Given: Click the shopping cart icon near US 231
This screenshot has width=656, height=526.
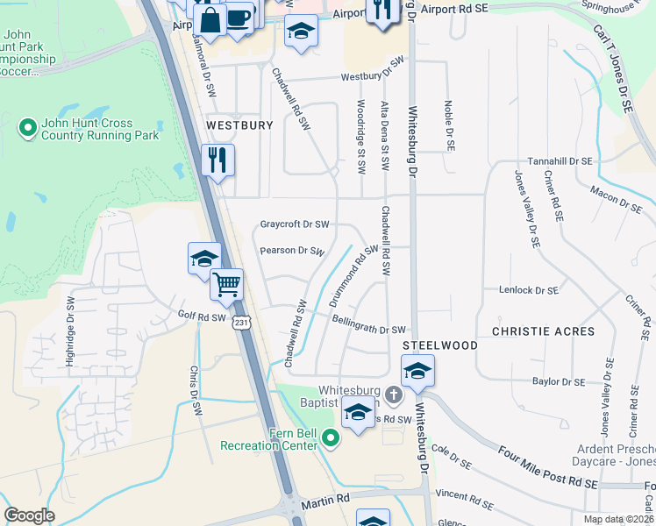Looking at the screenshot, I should (227, 284).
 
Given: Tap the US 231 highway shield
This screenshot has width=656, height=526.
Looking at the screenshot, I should (241, 323).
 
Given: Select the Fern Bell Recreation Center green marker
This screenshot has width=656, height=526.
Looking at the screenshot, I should (331, 437).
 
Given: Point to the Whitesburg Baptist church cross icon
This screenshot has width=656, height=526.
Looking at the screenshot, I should (394, 395).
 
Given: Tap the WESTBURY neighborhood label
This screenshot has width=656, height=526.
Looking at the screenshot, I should (239, 125).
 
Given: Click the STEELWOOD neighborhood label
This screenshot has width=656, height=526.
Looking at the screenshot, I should (440, 345).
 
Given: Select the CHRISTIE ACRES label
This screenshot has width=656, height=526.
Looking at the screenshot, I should (543, 331).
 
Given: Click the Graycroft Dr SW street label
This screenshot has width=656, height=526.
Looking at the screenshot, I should (295, 224).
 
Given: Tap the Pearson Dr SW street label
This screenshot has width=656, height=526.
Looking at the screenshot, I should (293, 251).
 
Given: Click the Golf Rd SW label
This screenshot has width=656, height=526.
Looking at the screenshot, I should (202, 316).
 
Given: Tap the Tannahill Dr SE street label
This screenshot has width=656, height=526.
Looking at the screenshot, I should (560, 162).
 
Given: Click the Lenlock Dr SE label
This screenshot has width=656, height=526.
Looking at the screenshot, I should (529, 289).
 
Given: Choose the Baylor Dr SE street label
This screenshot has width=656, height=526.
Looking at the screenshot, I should (559, 381).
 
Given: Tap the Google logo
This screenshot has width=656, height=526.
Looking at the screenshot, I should (29, 515).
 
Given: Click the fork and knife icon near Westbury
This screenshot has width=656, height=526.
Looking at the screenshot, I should (218, 160).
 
